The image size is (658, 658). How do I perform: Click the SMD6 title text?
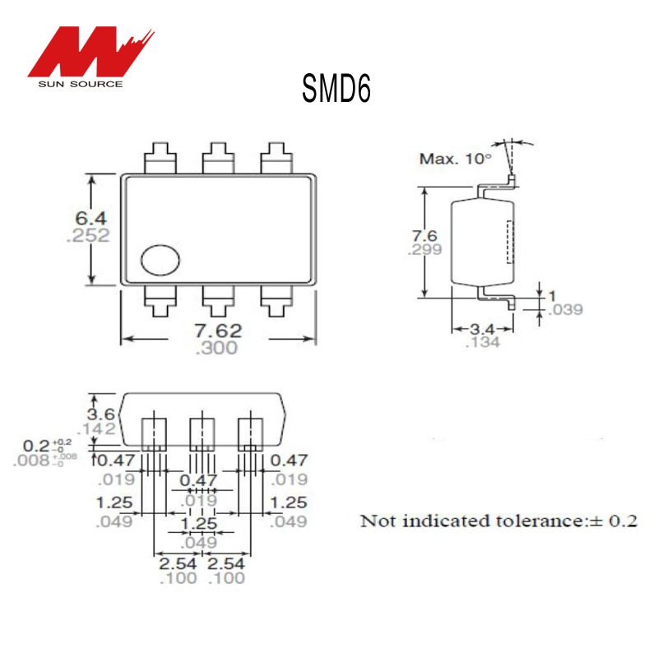tap(336, 88)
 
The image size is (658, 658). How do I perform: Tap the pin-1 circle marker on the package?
tap(160, 260)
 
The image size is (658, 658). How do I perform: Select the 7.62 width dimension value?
tap(218, 331)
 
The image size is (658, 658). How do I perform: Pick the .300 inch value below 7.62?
tap(217, 348)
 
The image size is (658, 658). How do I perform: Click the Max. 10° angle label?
tap(455, 159)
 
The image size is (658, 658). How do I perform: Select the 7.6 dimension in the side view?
tap(426, 236)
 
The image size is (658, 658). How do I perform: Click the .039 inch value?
tap(565, 309)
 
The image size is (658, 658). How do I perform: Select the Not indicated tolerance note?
tap(499, 521)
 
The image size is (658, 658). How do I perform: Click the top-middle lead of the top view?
tap(218, 157)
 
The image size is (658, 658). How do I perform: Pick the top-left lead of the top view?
tap(160, 157)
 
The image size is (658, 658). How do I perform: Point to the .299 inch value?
tap(426, 251)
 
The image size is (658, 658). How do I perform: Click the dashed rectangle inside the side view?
tap(509, 242)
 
